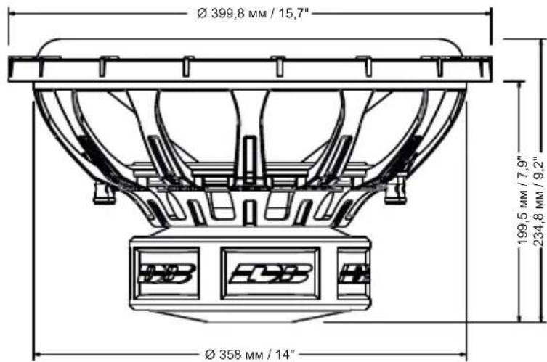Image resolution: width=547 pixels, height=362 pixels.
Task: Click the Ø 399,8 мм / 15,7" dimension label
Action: (254, 14)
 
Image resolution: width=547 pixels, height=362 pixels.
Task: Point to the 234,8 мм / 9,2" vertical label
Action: (539, 202)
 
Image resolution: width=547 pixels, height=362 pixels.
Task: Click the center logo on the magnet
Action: (270, 273)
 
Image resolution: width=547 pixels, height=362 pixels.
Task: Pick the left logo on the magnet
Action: (167, 273)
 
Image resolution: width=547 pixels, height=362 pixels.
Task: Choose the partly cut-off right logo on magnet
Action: (354, 273)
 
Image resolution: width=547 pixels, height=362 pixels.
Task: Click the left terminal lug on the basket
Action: (104, 193)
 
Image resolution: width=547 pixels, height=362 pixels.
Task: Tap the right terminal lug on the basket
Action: (396, 191)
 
